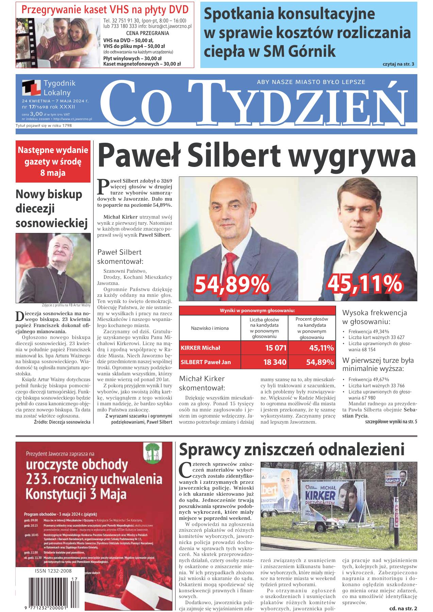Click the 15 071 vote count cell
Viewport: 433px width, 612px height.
(275, 348)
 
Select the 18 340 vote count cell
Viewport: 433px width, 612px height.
(275, 362)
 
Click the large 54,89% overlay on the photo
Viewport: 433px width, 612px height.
(232, 285)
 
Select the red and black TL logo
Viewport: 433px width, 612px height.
(31, 88)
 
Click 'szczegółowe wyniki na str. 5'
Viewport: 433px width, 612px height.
(391, 422)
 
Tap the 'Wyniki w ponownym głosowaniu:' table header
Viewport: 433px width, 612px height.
(257, 310)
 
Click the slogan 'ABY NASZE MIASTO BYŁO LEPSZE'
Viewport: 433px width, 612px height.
(311, 82)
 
